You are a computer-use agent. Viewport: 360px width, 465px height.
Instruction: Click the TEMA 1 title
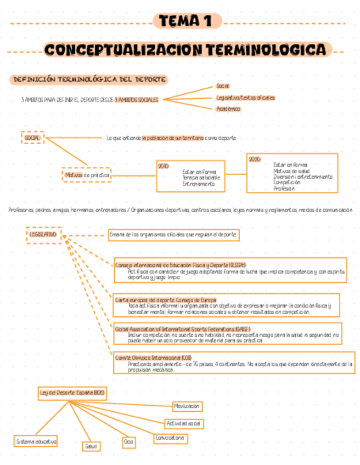pos(187,21)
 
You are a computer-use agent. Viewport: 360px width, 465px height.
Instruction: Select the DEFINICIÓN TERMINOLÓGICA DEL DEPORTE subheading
pos(89,80)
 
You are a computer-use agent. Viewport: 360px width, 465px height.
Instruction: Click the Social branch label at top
pos(223,86)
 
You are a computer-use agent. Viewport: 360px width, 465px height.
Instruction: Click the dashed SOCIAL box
pos(33,138)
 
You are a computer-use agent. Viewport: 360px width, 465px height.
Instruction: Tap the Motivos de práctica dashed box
pos(86,175)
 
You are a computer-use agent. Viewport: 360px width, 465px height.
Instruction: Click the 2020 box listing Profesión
pos(292,173)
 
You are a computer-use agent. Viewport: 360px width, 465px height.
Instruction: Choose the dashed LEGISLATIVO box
pos(43,234)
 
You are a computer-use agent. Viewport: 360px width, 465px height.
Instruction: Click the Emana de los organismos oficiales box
pos(173,235)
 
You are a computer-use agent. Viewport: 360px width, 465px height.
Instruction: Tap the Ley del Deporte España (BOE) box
pos(72,393)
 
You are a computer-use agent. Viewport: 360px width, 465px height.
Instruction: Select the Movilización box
pos(187,406)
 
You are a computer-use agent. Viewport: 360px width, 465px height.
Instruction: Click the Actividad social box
pos(184,423)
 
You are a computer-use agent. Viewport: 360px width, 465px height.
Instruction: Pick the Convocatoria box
pos(170,439)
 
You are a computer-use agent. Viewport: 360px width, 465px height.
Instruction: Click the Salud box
pos(91,446)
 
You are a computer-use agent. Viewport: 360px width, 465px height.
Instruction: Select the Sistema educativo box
pos(36,441)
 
